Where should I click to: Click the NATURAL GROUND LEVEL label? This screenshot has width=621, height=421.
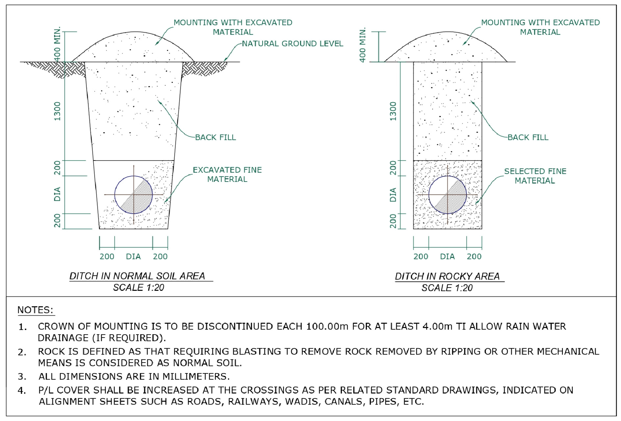pyautogui.click(x=292, y=43)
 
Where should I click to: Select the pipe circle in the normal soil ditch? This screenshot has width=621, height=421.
pyautogui.click(x=133, y=195)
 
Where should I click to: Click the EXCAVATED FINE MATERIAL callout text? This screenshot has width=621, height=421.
pyautogui.click(x=227, y=174)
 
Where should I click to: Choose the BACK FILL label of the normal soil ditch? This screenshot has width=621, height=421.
pyautogui.click(x=215, y=137)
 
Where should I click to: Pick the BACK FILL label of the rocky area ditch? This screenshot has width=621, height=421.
pyautogui.click(x=528, y=137)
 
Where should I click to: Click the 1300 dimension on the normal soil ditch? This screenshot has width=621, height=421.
pyautogui.click(x=57, y=111)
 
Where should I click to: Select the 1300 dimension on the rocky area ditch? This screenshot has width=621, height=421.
pyautogui.click(x=393, y=111)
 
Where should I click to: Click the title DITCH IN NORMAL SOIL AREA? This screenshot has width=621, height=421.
pyautogui.click(x=137, y=276)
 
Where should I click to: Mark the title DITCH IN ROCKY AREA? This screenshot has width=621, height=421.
pyautogui.click(x=447, y=276)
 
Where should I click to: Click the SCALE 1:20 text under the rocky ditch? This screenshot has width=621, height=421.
pyautogui.click(x=447, y=288)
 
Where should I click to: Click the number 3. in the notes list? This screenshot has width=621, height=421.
pyautogui.click(x=22, y=377)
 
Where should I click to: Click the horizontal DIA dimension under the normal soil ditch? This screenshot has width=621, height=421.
pyautogui.click(x=133, y=256)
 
